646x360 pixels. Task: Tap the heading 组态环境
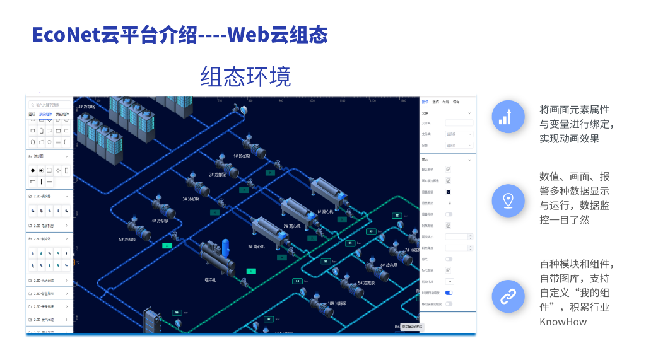point(245,76)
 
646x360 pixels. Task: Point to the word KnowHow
point(563,322)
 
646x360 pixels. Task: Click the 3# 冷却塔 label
point(88,107)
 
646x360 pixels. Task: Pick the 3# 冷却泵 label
point(191,199)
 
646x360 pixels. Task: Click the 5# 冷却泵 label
point(129,240)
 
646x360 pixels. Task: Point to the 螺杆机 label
point(211,279)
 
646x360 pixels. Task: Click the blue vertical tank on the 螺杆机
point(225,246)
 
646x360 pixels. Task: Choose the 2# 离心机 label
point(291,226)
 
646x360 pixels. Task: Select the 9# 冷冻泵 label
point(367,283)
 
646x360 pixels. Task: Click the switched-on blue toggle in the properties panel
point(449,293)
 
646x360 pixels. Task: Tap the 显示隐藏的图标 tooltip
point(413,327)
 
